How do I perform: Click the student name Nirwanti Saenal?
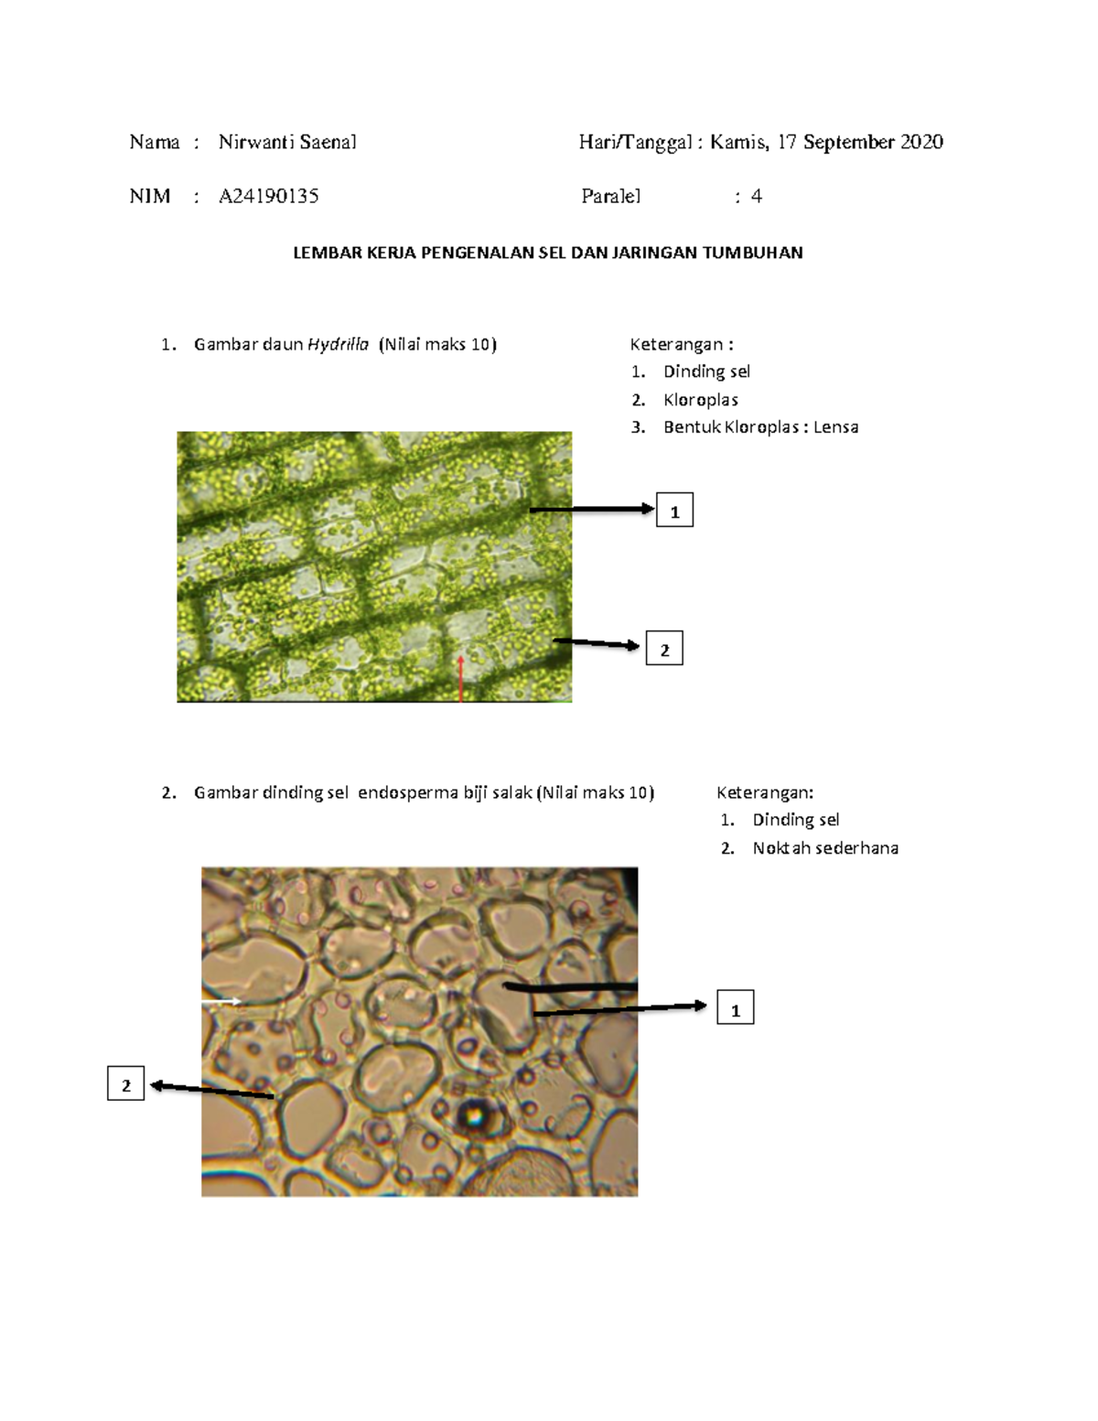pos(287,142)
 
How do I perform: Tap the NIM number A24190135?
pos(268,196)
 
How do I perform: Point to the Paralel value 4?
pos(757,196)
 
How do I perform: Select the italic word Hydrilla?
pos(339,345)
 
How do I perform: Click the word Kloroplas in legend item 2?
pos(700,400)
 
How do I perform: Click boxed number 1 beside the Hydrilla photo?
pos(674,510)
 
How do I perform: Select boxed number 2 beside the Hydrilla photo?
pos(664,648)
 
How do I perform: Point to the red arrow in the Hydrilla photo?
pos(461,679)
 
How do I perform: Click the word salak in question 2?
pos(513,792)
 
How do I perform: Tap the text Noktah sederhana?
pos(825,848)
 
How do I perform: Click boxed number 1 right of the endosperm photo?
pos(735,1007)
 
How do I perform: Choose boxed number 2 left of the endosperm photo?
pos(125,1085)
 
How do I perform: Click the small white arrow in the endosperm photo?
pos(221,1001)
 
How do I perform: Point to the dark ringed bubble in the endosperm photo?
pos(472,1115)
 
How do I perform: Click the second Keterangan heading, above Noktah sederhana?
pos(765,793)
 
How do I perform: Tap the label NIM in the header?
pos(150,196)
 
